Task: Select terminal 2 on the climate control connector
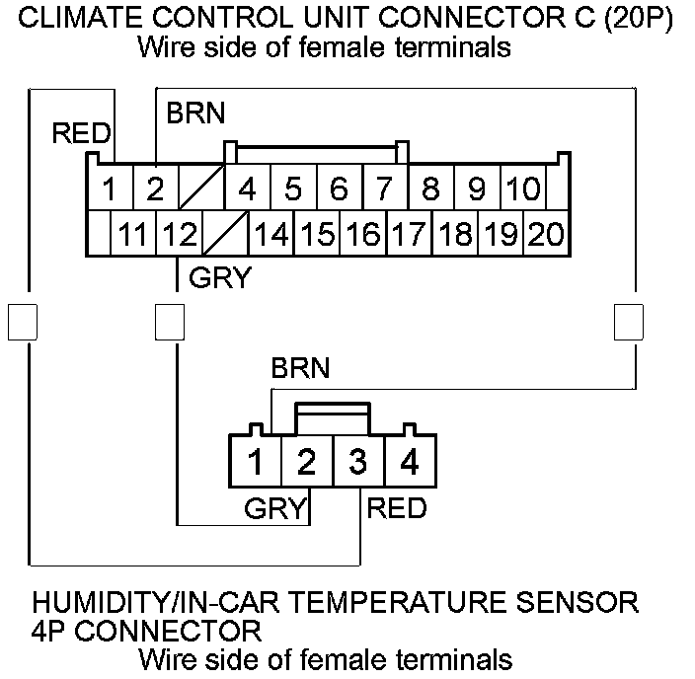tap(155, 188)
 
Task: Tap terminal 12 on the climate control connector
tap(179, 235)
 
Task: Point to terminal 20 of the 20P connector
tap(544, 235)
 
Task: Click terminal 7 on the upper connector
tap(384, 188)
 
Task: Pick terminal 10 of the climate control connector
tap(524, 188)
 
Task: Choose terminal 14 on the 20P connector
tap(270, 235)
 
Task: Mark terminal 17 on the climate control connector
tap(407, 235)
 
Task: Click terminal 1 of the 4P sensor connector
tap(256, 461)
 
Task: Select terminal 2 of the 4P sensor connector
tap(306, 461)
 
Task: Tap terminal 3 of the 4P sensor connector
tap(356, 461)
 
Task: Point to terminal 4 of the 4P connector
tap(407, 461)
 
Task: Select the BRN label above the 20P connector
tap(194, 113)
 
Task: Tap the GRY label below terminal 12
tap(219, 278)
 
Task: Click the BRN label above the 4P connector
tap(300, 369)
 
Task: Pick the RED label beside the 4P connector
tap(397, 508)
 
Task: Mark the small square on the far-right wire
tap(629, 321)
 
